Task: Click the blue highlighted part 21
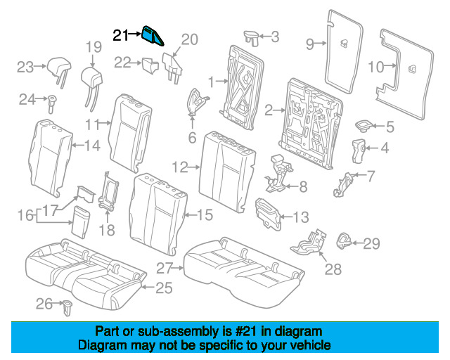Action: (x=153, y=35)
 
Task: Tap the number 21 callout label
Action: (x=122, y=34)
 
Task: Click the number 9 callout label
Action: (x=309, y=44)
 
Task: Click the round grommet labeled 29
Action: (x=346, y=241)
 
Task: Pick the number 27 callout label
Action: (x=163, y=268)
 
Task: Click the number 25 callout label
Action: (x=164, y=287)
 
